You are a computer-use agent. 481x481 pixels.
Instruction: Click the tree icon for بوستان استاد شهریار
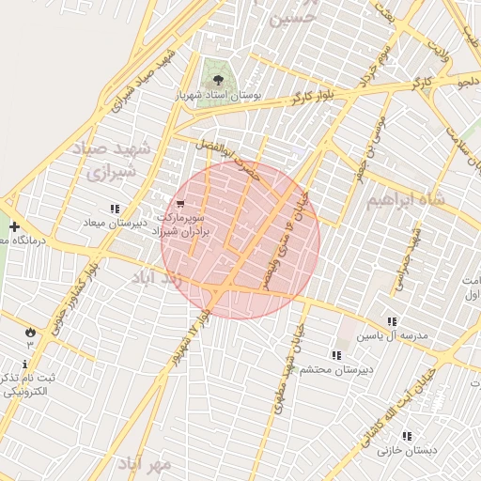tap(218, 80)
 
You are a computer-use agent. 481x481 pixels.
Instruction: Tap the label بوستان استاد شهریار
tap(218, 96)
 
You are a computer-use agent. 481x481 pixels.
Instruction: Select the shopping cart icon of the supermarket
tap(180, 203)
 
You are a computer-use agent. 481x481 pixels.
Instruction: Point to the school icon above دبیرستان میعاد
tap(115, 209)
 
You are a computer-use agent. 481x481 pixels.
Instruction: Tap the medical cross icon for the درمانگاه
tap(14, 226)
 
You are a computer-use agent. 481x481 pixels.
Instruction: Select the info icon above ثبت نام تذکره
tap(24, 364)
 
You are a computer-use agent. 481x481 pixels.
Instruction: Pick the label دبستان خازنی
tap(407, 451)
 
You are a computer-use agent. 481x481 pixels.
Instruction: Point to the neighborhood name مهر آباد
tap(146, 464)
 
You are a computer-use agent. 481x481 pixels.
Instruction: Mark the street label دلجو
tap(467, 84)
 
